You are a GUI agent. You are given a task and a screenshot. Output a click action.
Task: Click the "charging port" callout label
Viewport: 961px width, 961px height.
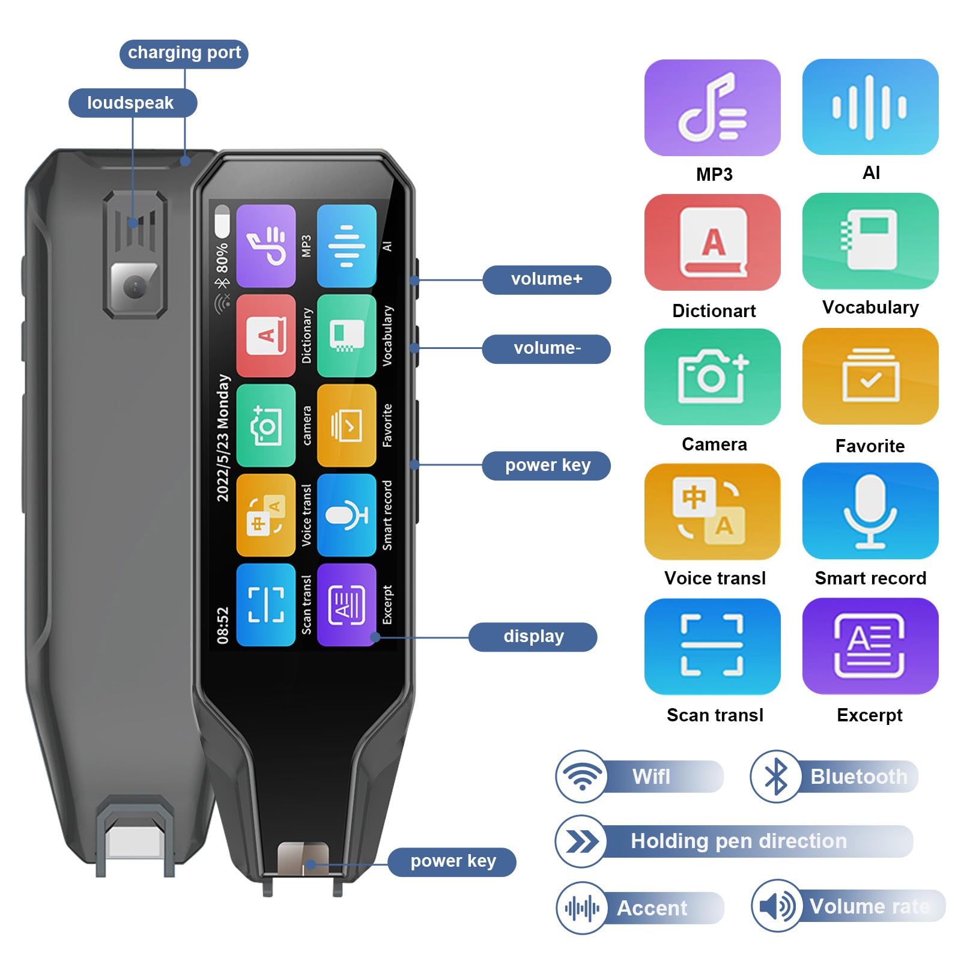(x=184, y=53)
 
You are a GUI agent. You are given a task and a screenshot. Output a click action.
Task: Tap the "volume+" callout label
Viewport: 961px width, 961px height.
(x=547, y=279)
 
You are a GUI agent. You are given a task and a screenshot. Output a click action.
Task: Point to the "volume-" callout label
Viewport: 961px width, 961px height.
(x=547, y=348)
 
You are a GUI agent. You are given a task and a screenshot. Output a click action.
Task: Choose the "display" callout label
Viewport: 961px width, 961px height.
(x=533, y=637)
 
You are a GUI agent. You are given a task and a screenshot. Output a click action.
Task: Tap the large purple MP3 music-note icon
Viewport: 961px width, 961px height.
(x=712, y=108)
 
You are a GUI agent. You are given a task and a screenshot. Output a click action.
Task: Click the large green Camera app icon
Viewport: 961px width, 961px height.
(x=712, y=377)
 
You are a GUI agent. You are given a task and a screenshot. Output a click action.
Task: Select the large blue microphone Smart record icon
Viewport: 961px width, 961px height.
(x=870, y=511)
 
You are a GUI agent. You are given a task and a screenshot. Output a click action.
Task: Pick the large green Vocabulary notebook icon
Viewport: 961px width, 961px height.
(x=870, y=241)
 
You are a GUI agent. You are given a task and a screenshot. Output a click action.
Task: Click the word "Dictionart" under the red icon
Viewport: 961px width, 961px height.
(x=714, y=311)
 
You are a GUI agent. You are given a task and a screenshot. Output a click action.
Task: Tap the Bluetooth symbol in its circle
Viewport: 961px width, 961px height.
(x=776, y=777)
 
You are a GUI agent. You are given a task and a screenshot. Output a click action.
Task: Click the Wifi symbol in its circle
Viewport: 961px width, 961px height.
(x=581, y=777)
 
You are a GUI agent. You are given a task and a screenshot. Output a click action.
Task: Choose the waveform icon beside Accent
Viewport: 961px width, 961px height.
(x=581, y=908)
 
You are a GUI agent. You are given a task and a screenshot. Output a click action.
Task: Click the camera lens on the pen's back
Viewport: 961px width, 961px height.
(x=135, y=287)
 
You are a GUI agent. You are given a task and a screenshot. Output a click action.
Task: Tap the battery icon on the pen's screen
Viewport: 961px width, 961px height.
(x=222, y=222)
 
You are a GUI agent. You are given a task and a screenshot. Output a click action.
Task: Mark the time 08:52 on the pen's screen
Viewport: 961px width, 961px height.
(x=223, y=625)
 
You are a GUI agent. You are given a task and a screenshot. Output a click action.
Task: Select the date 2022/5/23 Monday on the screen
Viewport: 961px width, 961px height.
(x=223, y=438)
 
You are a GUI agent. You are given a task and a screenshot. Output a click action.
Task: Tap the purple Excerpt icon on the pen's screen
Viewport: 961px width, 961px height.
(x=347, y=605)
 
